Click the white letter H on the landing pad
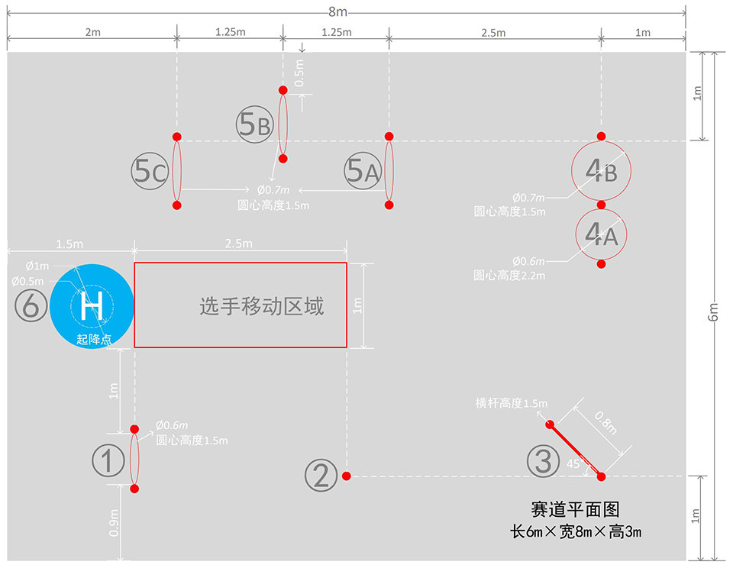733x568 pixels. click(92, 306)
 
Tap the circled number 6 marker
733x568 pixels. click(31, 306)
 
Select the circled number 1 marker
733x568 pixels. click(108, 460)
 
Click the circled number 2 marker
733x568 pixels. click(321, 476)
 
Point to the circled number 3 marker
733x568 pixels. click(542, 461)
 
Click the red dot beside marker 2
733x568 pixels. click(347, 476)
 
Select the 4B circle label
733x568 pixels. click(601, 171)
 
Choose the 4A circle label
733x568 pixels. click(601, 235)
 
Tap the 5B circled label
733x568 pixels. click(254, 124)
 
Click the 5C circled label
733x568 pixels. click(148, 171)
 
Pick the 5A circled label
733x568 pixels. click(362, 171)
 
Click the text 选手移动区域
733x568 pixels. click(262, 306)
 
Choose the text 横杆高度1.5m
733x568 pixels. click(511, 404)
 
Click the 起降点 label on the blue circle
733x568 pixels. click(94, 339)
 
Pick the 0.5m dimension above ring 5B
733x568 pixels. click(299, 73)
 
